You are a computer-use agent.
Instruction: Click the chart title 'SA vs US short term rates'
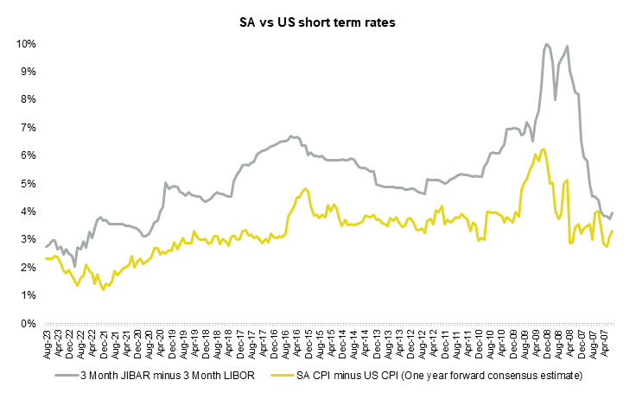321,23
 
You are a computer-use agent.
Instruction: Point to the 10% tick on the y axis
24,43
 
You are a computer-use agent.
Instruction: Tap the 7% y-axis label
27,128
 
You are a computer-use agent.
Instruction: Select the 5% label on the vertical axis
27,184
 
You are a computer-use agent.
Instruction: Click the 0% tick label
27,324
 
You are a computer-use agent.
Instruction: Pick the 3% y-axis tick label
27,240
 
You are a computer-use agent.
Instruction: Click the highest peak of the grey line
547,44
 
